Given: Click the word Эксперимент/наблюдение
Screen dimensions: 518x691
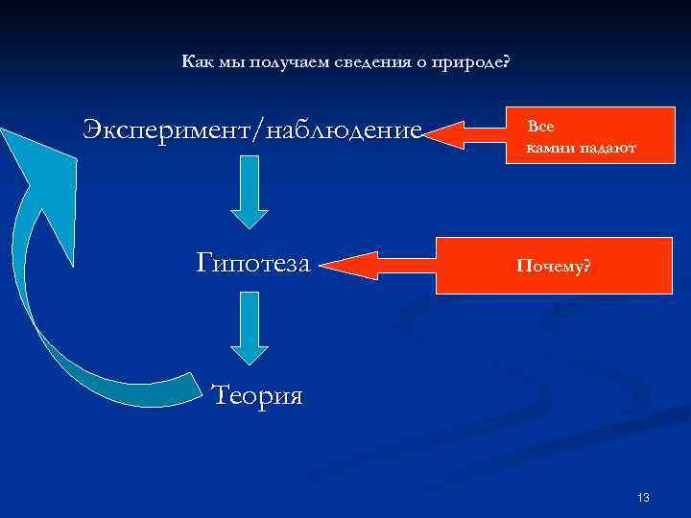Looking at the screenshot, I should (x=252, y=129).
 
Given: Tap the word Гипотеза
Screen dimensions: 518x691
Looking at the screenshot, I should (x=253, y=261).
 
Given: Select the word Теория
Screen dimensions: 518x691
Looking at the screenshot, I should (x=256, y=394).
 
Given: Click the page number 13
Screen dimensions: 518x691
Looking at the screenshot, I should (x=643, y=497).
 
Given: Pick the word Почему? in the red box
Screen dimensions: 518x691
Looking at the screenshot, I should (x=554, y=266).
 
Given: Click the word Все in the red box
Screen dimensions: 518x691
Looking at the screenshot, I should (x=540, y=126).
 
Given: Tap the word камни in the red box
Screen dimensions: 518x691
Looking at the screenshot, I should (x=549, y=149).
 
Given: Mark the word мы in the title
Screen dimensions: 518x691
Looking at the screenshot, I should (x=231, y=62).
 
